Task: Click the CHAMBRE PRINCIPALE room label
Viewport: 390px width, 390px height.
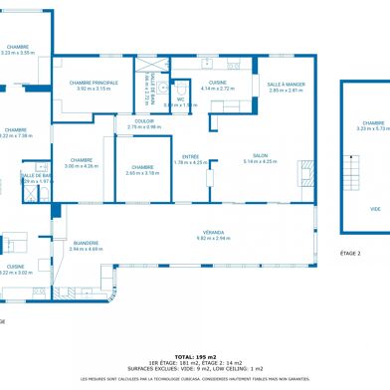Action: click(95, 83)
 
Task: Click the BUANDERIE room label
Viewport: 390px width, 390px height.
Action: click(86, 243)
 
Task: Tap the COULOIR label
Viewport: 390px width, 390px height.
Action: click(143, 121)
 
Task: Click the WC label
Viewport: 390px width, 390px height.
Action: click(181, 98)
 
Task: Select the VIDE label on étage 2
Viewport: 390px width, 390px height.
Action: click(374, 209)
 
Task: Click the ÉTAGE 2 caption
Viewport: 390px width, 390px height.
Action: click(350, 254)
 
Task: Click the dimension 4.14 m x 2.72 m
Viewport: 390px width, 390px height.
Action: click(217, 89)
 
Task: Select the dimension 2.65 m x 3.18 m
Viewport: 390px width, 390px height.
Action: click(142, 173)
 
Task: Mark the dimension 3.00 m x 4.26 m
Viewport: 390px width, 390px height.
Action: click(82, 166)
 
